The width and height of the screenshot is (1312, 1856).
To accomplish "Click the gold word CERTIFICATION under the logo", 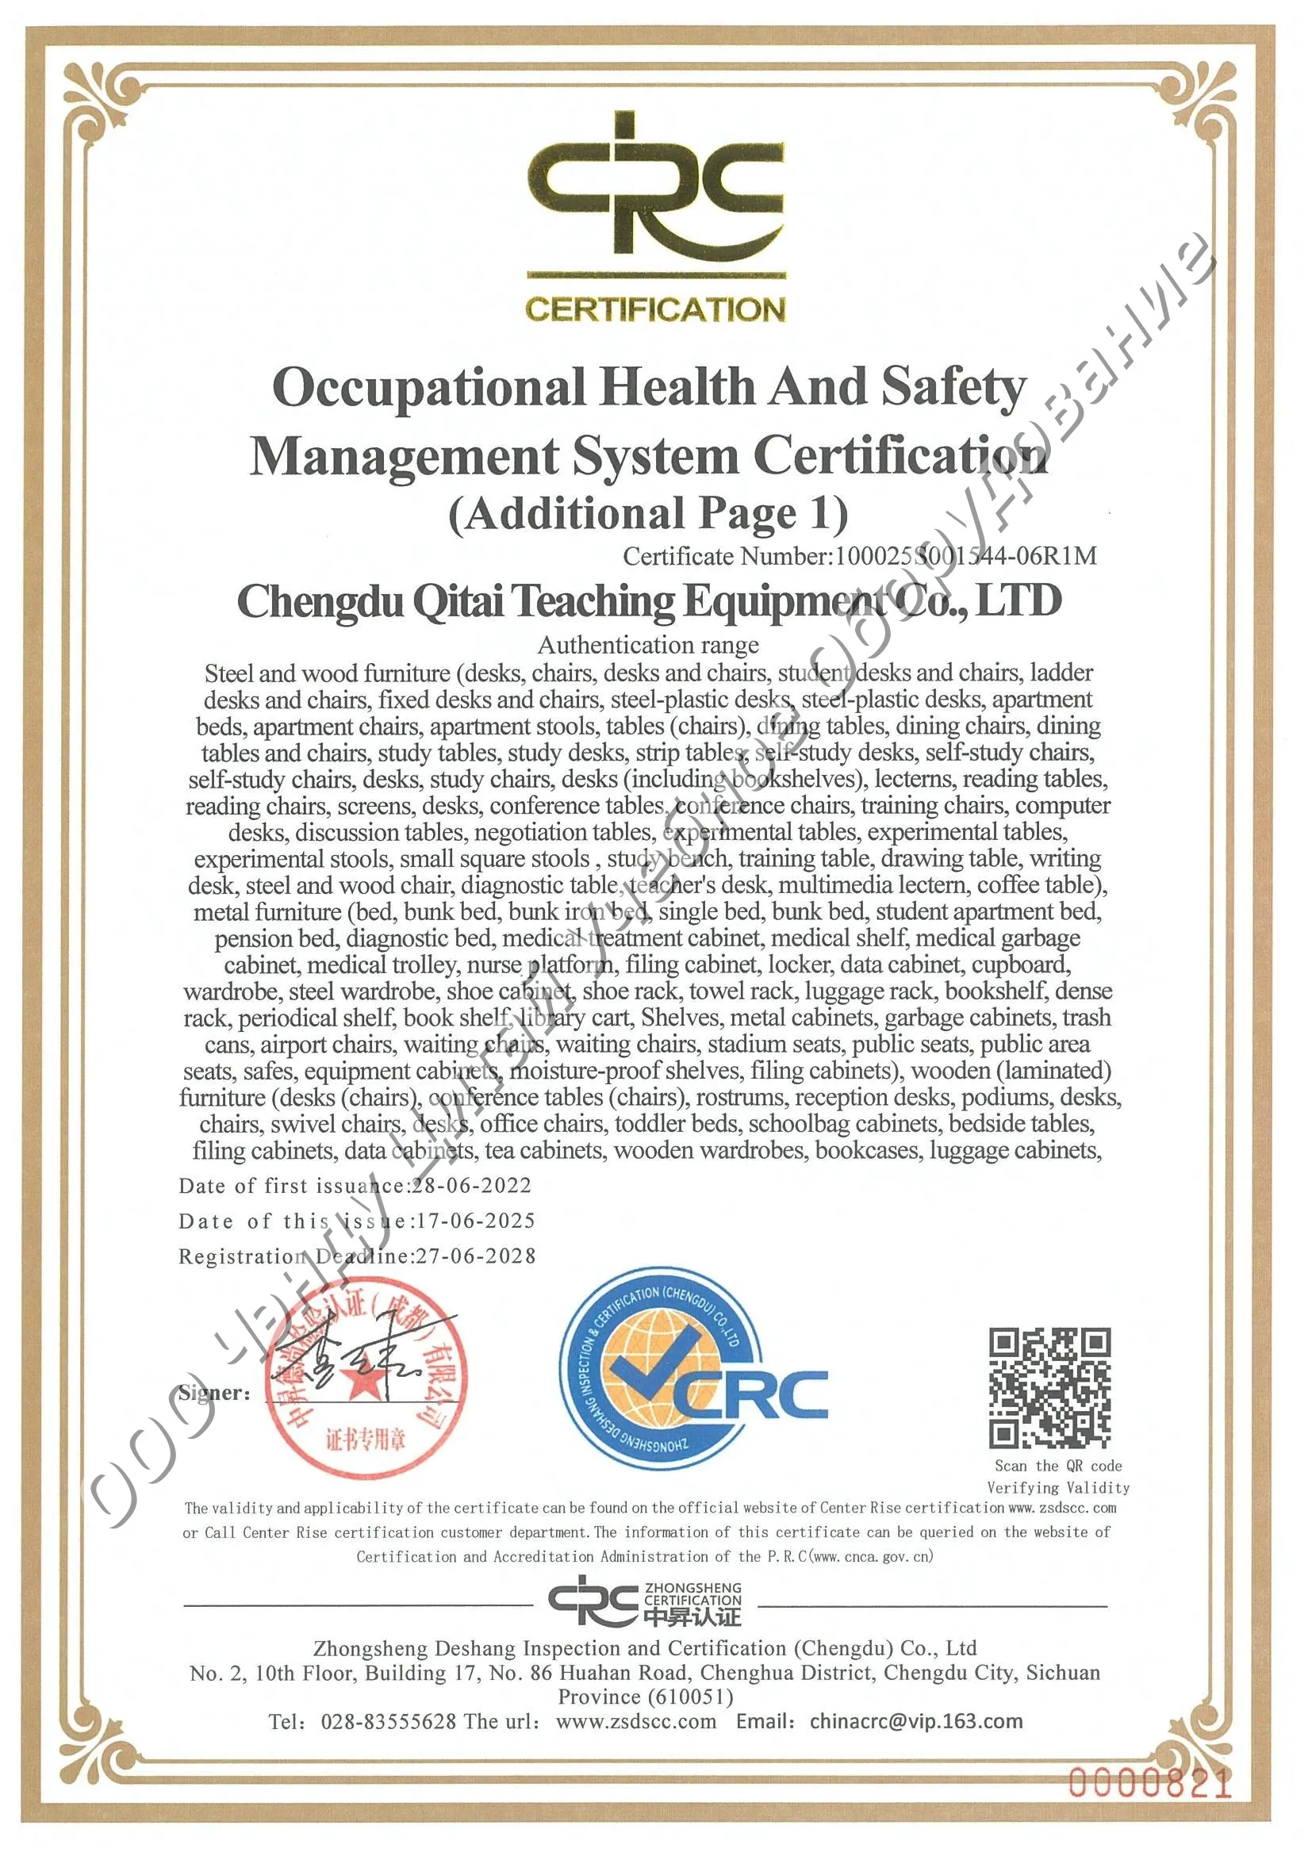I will [654, 309].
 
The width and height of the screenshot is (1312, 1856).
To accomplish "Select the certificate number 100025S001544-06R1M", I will [965, 556].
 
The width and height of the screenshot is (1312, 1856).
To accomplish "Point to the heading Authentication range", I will [648, 645].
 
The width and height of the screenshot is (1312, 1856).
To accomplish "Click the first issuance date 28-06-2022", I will [472, 1186].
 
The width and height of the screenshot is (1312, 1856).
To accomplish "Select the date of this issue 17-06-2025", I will [475, 1221].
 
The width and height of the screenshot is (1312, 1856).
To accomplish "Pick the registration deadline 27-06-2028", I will [475, 1256].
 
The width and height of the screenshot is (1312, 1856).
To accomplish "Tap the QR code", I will [1049, 1388].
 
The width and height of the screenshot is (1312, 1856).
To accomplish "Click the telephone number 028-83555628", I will [388, 1722].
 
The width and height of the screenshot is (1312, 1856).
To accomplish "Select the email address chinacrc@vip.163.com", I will [916, 1722].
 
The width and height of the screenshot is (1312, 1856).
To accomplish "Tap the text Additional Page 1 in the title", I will [648, 514].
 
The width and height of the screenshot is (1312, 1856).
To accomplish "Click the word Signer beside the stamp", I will [213, 1393].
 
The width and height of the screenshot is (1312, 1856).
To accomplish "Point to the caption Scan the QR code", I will [1057, 1466].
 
